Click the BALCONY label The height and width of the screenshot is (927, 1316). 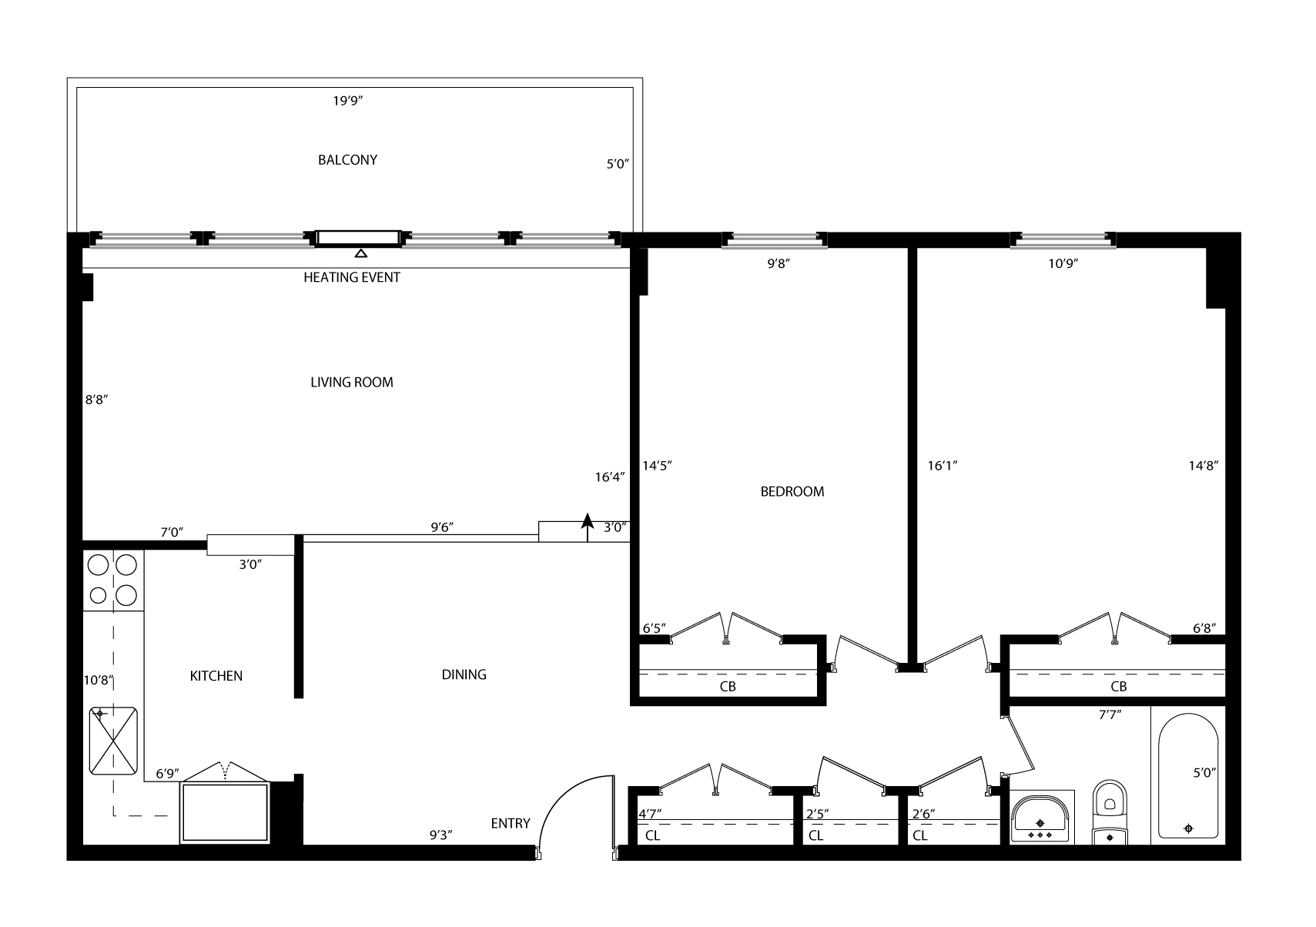[347, 160]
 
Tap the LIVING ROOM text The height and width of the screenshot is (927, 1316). [351, 383]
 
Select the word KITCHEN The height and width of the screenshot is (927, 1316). [216, 676]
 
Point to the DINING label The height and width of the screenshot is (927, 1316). [464, 675]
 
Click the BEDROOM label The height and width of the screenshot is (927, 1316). [792, 492]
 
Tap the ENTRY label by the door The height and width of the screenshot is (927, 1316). [511, 824]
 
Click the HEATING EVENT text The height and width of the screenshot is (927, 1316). [351, 277]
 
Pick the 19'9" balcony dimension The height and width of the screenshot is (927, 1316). [348, 101]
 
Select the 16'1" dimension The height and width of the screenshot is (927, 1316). [943, 466]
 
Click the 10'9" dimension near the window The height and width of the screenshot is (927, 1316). [1063, 264]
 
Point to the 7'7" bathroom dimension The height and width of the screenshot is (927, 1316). [1110, 715]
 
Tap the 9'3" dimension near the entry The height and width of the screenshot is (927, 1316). [440, 835]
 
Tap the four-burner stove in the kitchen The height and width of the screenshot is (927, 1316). [112, 581]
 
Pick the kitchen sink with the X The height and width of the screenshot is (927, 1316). [112, 741]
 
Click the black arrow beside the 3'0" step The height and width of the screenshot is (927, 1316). [587, 527]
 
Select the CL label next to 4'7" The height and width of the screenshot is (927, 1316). [653, 835]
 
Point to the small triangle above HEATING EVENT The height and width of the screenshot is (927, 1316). [360, 253]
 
